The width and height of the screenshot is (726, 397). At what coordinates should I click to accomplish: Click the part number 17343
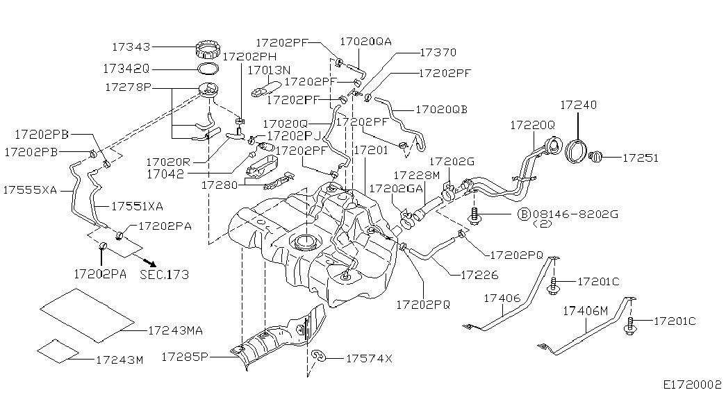point(131,47)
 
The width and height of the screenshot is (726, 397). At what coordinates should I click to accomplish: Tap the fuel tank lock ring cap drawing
point(207,51)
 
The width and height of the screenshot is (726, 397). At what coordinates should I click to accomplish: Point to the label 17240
point(579,105)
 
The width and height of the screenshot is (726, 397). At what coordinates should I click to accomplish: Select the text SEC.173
point(164,275)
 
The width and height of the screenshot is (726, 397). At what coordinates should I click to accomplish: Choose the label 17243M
point(119,360)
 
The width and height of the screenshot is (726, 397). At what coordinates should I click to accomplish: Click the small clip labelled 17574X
point(320,357)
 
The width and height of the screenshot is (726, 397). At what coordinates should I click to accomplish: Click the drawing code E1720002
point(692,383)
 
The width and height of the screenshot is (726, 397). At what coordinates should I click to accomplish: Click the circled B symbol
point(525,214)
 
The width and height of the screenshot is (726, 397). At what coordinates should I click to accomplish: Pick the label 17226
point(479,276)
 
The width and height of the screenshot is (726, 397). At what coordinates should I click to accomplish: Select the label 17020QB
point(441,110)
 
